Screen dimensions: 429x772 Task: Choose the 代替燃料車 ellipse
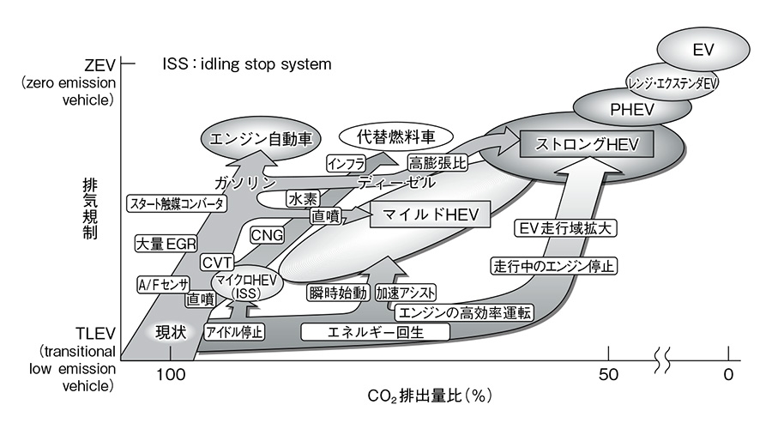[386, 136]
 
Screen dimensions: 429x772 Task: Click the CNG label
[267, 234]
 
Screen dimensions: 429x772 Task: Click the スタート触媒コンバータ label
[178, 204]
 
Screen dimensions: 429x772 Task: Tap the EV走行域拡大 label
[568, 229]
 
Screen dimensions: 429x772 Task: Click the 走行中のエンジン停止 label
[553, 265]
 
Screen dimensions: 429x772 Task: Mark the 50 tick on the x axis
[608, 374]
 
